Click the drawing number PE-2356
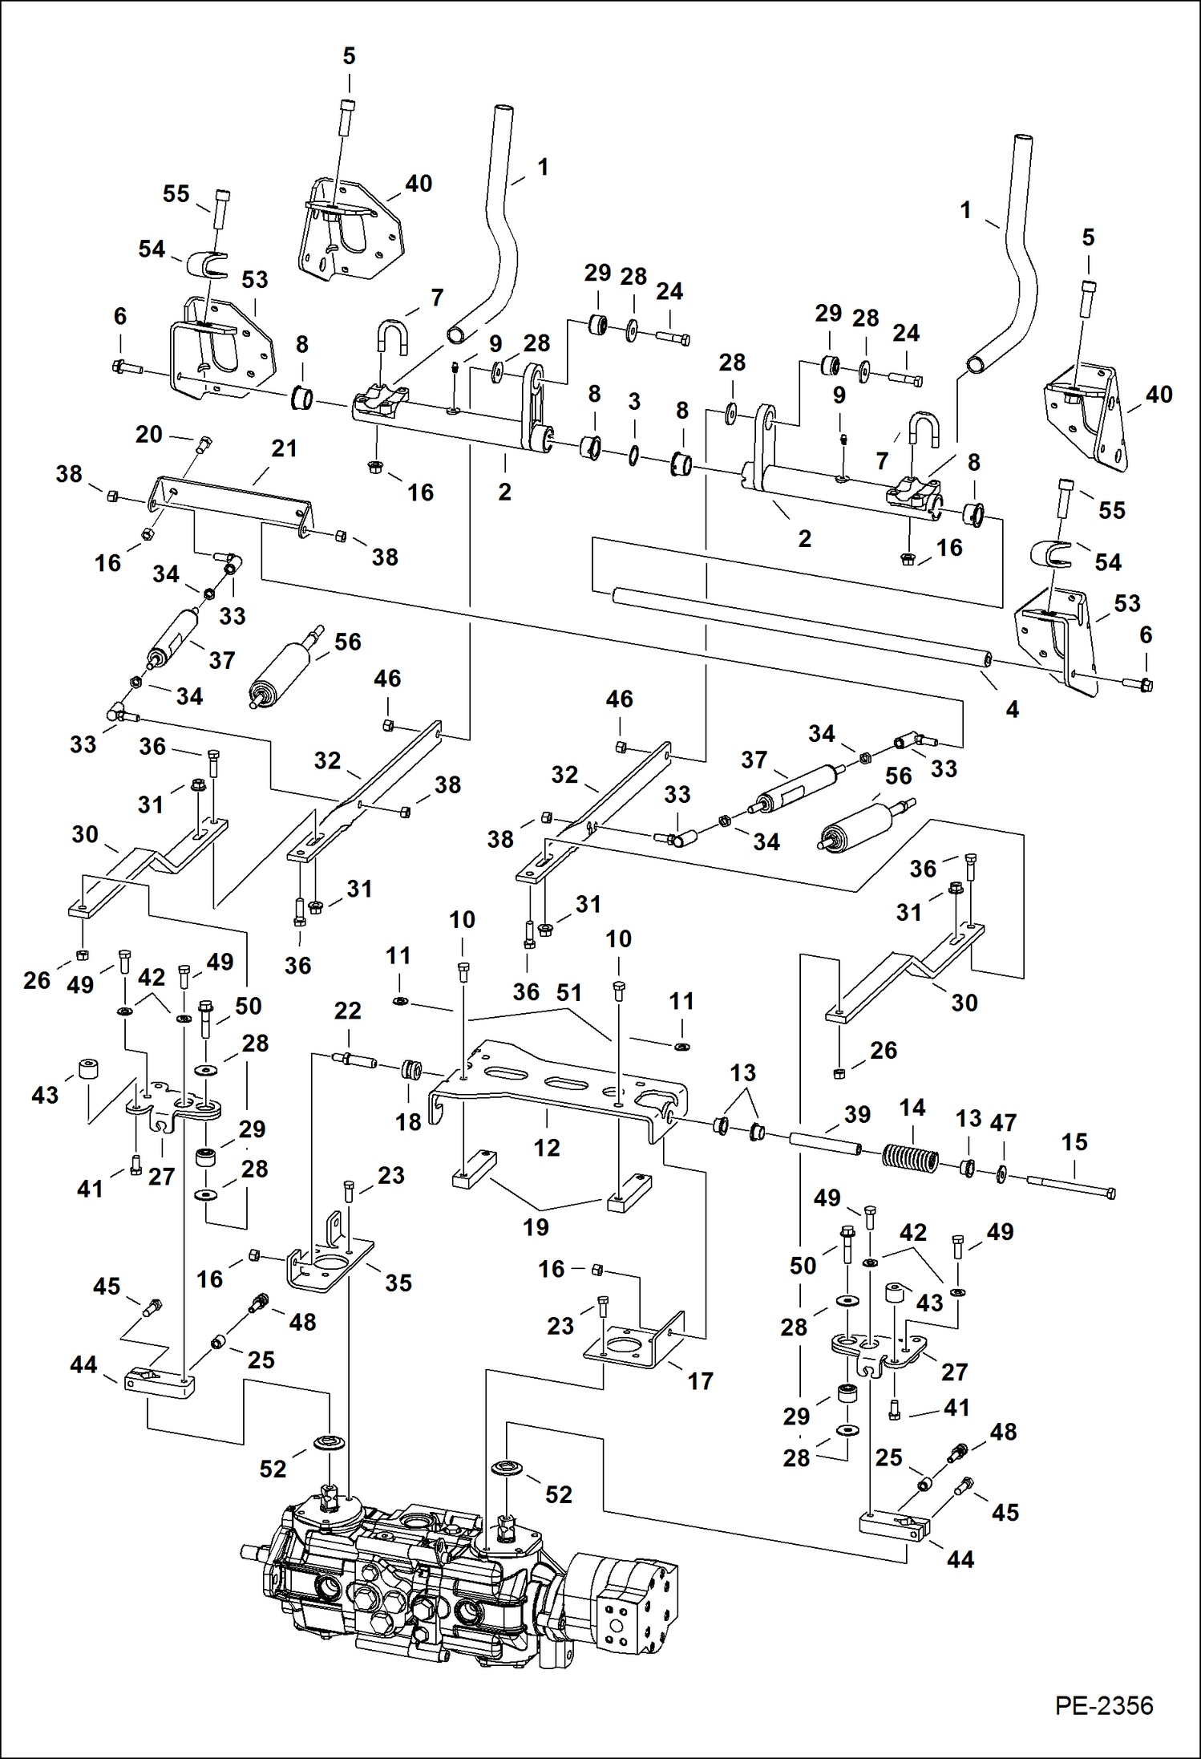[1103, 1705]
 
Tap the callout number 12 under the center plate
[547, 1148]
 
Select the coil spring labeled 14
[910, 1158]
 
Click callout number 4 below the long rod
[1013, 709]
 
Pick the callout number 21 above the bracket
[284, 448]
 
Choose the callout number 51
[569, 993]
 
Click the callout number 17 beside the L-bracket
[700, 1380]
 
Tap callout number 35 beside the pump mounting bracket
[398, 1282]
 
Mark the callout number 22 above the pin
[348, 1011]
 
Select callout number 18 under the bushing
[408, 1122]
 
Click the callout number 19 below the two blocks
[536, 1226]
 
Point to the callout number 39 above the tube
[857, 1114]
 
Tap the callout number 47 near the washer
[1003, 1122]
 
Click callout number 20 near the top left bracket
[149, 435]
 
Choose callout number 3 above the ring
[634, 402]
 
